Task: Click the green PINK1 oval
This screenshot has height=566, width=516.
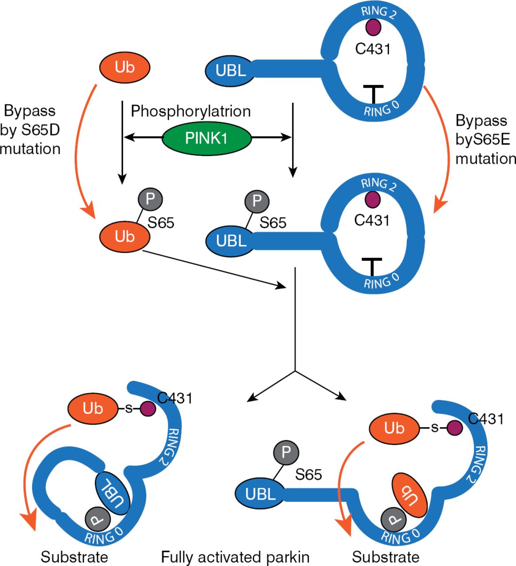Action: tap(206, 138)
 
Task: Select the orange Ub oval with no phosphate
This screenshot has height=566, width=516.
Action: tap(125, 67)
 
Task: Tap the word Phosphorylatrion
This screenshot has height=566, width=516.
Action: tap(191, 111)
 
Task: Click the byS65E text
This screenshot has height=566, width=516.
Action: tap(483, 139)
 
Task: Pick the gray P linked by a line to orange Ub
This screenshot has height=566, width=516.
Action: tap(150, 199)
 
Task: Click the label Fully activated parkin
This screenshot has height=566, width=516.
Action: tap(235, 557)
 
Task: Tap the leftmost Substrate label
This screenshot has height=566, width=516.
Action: tap(74, 557)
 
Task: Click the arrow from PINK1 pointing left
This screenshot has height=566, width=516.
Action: tap(142, 138)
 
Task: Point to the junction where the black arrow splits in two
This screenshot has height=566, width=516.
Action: tap(295, 371)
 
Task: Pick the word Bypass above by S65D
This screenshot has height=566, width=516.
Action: tap(29, 110)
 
